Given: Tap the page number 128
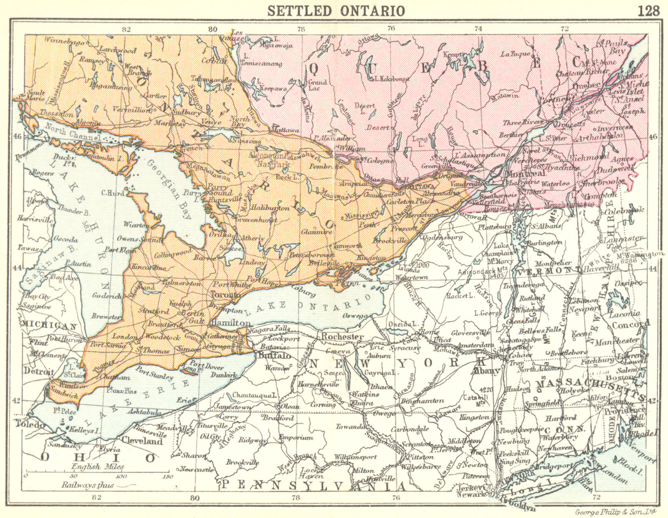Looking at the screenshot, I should coord(649,10).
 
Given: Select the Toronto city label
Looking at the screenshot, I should coord(226,295).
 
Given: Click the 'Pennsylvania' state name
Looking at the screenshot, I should coord(313,485).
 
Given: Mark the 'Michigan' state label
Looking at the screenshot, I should coord(49,325).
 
